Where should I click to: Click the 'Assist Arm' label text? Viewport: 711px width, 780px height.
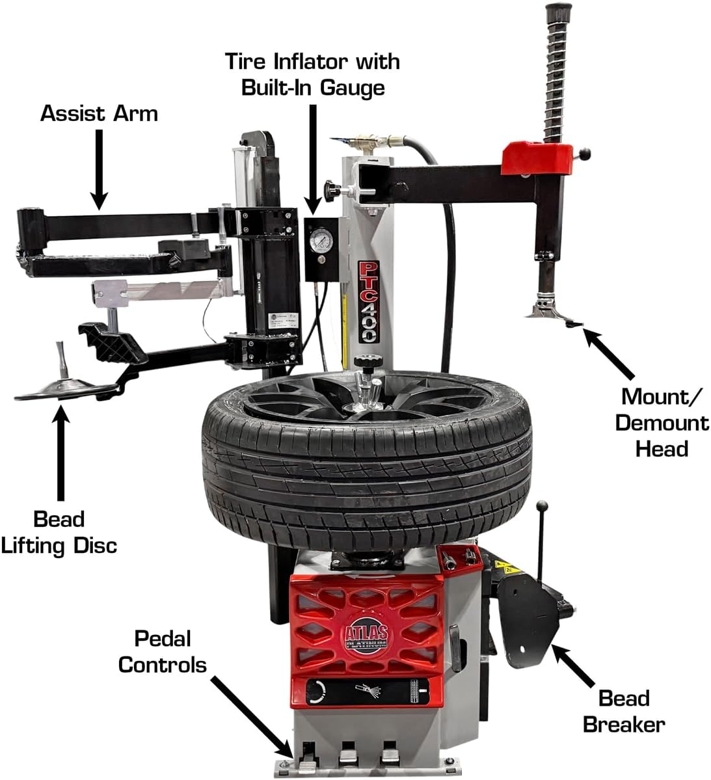point(99,113)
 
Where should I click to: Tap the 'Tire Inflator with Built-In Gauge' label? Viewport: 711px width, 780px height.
point(312,74)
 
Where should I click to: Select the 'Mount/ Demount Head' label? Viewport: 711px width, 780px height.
point(662,422)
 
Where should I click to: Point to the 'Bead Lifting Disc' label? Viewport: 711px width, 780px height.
point(59,531)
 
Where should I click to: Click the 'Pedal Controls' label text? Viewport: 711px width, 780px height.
point(162,651)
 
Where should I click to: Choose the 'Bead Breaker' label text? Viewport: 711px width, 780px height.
point(624,711)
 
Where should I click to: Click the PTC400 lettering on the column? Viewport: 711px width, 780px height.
point(369,302)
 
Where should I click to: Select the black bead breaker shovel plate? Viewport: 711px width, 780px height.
point(527,618)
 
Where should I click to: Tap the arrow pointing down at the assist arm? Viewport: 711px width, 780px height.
point(98,168)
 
